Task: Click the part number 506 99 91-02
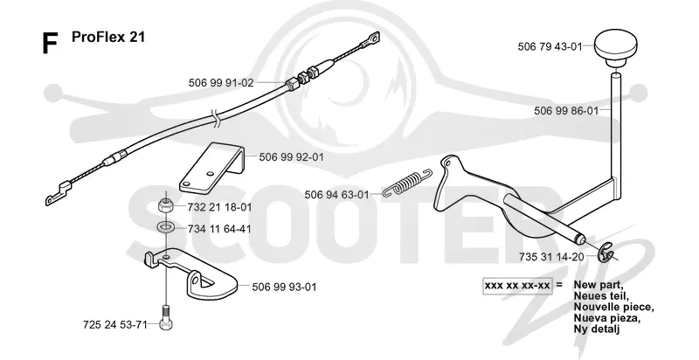click(x=221, y=83)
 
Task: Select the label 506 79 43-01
click(x=550, y=47)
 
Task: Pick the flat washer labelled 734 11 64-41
click(x=166, y=228)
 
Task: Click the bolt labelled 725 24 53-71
click(x=165, y=318)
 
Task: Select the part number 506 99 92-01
click(x=291, y=157)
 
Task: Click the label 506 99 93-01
click(x=284, y=287)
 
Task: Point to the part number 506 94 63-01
click(x=336, y=195)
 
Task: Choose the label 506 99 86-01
click(x=566, y=111)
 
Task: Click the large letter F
click(x=50, y=44)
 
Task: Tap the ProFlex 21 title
click(x=108, y=37)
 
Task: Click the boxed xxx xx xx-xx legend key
click(x=517, y=285)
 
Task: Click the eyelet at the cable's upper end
click(x=370, y=39)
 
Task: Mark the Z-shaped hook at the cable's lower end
click(x=57, y=193)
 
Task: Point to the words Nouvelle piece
click(x=614, y=308)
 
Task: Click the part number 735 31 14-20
click(x=551, y=257)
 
